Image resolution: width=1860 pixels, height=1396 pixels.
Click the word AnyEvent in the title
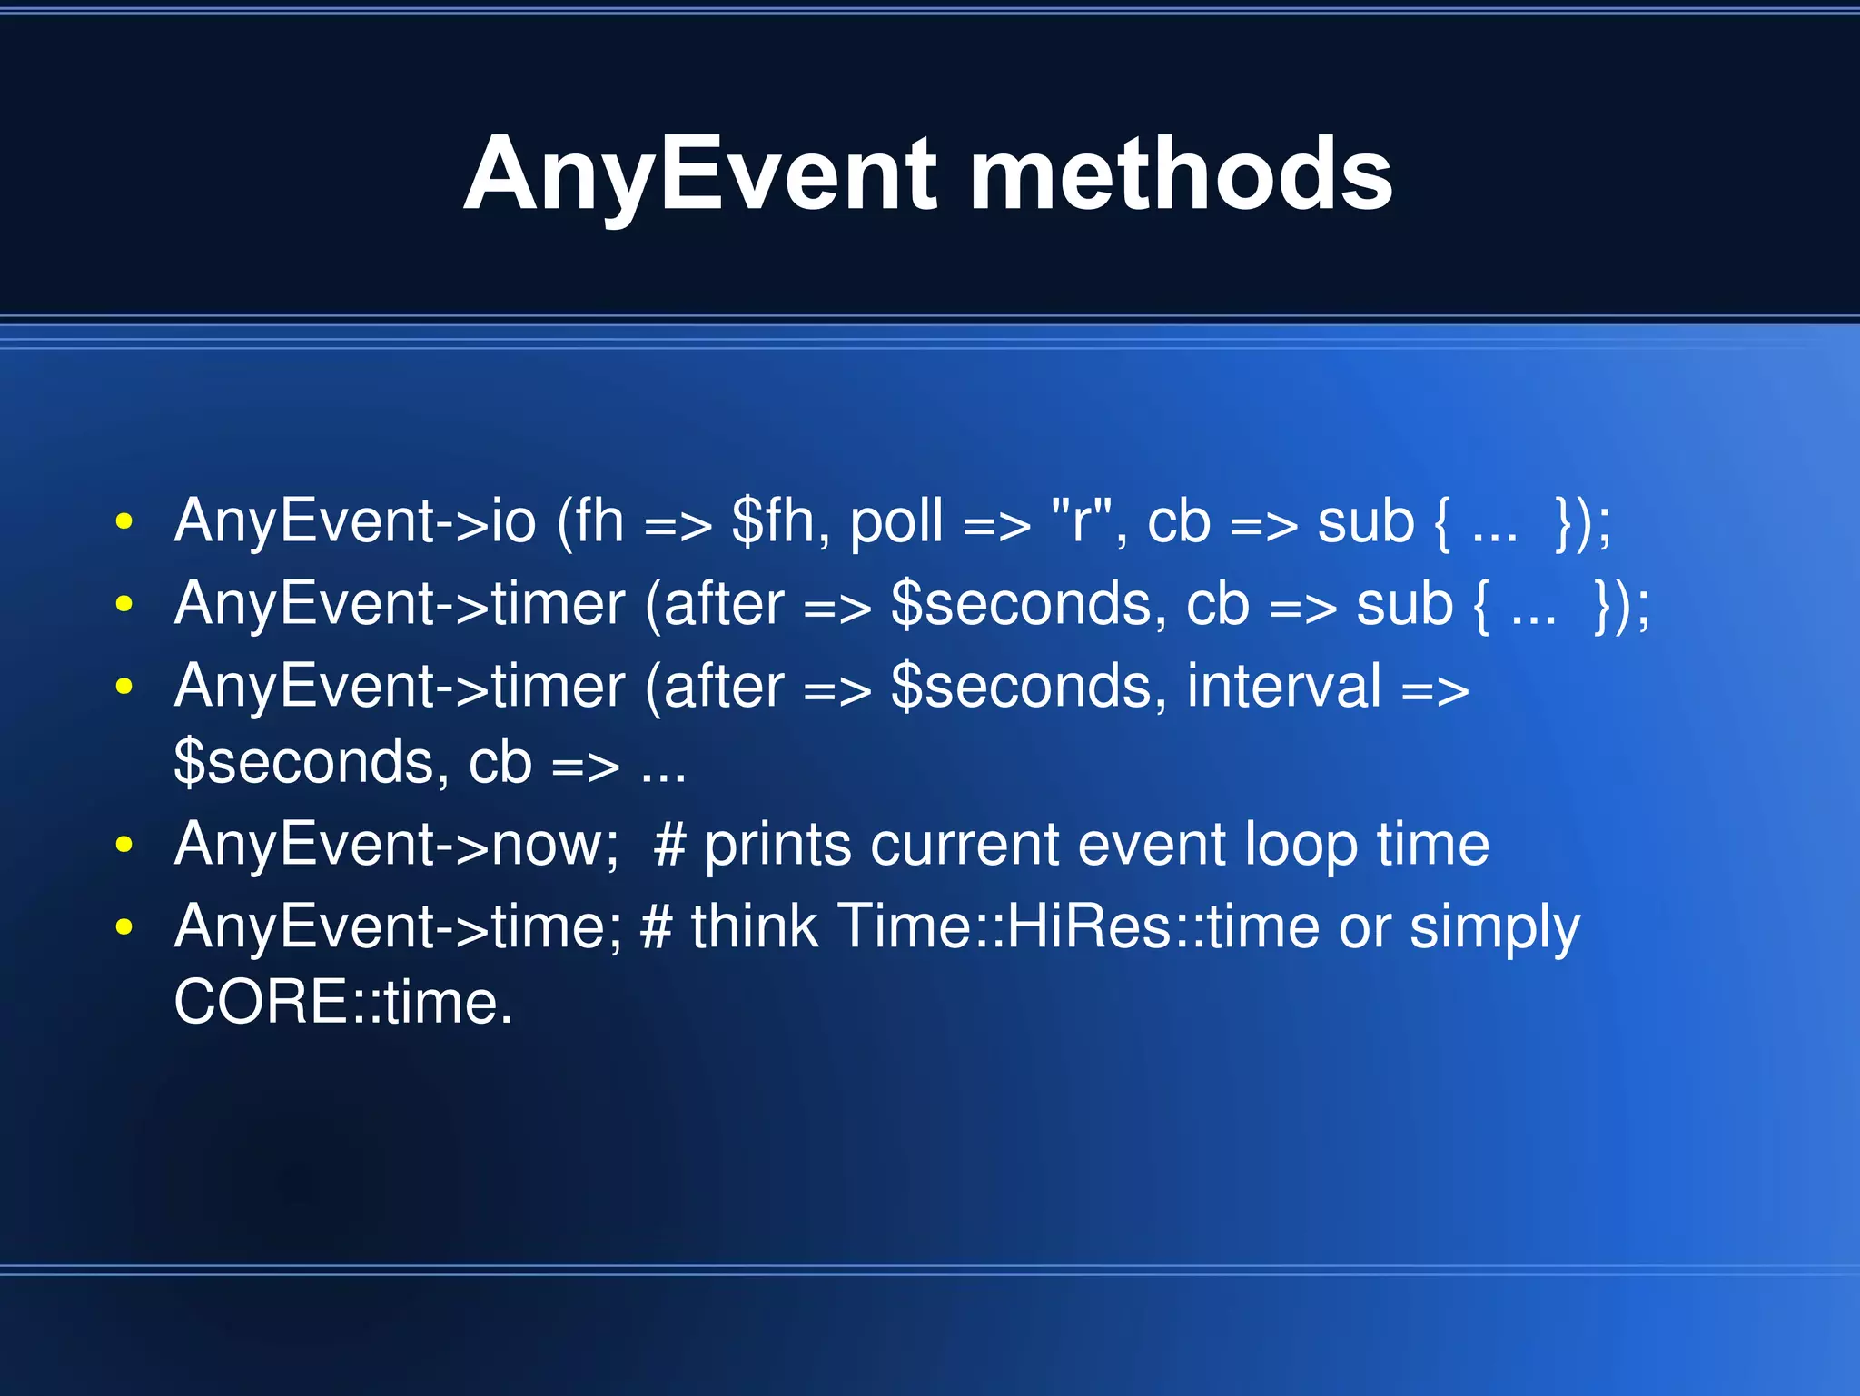(x=699, y=174)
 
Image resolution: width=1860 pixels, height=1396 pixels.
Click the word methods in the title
(x=1180, y=174)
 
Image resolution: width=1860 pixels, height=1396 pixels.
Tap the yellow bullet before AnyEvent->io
(x=124, y=522)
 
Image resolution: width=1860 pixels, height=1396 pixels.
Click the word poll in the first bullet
(x=896, y=522)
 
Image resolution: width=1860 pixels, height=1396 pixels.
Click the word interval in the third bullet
(x=1283, y=686)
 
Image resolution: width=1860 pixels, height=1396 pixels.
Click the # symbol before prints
(x=669, y=845)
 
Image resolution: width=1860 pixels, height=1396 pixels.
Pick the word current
(x=965, y=845)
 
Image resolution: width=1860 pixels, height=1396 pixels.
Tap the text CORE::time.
(x=342, y=1003)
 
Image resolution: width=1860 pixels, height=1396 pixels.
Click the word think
(x=754, y=926)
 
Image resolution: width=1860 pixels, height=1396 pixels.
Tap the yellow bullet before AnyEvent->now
(x=124, y=845)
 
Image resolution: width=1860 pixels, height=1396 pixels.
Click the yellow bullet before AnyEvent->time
(x=124, y=927)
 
